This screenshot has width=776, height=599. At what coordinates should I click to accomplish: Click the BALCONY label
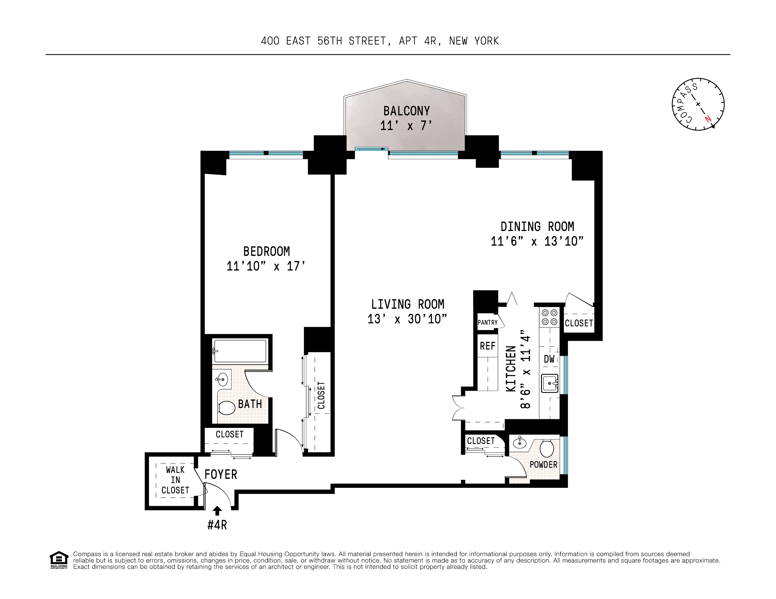406,111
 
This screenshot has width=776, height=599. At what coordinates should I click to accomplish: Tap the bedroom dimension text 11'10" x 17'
266,266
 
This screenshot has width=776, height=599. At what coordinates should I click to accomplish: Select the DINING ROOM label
537,227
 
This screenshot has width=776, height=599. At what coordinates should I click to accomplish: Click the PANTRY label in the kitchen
487,323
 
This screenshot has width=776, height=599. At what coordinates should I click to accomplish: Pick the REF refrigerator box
487,346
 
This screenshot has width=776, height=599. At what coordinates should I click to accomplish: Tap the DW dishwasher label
549,359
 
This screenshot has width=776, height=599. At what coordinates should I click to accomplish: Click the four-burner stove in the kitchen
549,317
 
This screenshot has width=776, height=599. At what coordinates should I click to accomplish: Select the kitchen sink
549,384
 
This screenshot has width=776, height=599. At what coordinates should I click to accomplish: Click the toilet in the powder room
547,448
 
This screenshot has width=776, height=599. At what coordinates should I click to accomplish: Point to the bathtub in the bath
240,351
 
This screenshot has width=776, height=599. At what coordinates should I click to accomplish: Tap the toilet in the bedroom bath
226,408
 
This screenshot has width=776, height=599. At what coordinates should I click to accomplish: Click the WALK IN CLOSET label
175,480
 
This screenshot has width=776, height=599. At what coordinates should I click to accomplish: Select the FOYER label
221,474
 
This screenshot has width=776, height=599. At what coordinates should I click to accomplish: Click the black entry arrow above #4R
217,511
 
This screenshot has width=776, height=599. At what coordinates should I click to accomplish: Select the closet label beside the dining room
579,323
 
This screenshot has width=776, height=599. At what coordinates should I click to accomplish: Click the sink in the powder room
519,443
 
